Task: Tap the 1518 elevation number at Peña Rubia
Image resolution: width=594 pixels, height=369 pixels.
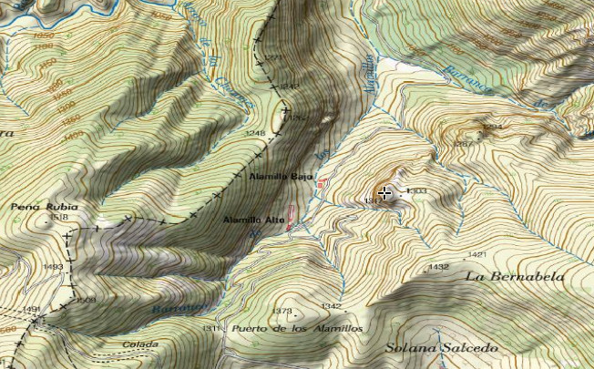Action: [x=60, y=218]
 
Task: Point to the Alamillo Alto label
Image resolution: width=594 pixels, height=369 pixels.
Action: [x=254, y=220]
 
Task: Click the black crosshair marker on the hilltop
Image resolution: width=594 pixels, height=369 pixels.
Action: [x=386, y=192]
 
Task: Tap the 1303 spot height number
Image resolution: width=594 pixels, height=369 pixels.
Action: [x=416, y=190]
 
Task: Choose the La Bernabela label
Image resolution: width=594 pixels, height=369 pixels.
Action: [x=515, y=276]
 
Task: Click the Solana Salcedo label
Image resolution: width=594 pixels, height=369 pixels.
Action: [x=441, y=347]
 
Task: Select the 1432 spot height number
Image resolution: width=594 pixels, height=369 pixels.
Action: [x=438, y=267]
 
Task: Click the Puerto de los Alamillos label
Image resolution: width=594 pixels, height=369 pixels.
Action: [x=297, y=328]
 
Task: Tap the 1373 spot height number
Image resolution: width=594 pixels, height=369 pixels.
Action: [x=282, y=311]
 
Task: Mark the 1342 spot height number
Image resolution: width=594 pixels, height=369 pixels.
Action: [x=331, y=306]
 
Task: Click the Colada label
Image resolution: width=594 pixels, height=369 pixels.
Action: [x=142, y=344]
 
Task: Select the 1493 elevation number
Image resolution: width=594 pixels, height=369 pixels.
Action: [x=53, y=266]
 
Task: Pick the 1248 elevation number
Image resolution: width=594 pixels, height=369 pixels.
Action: [x=255, y=134]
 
